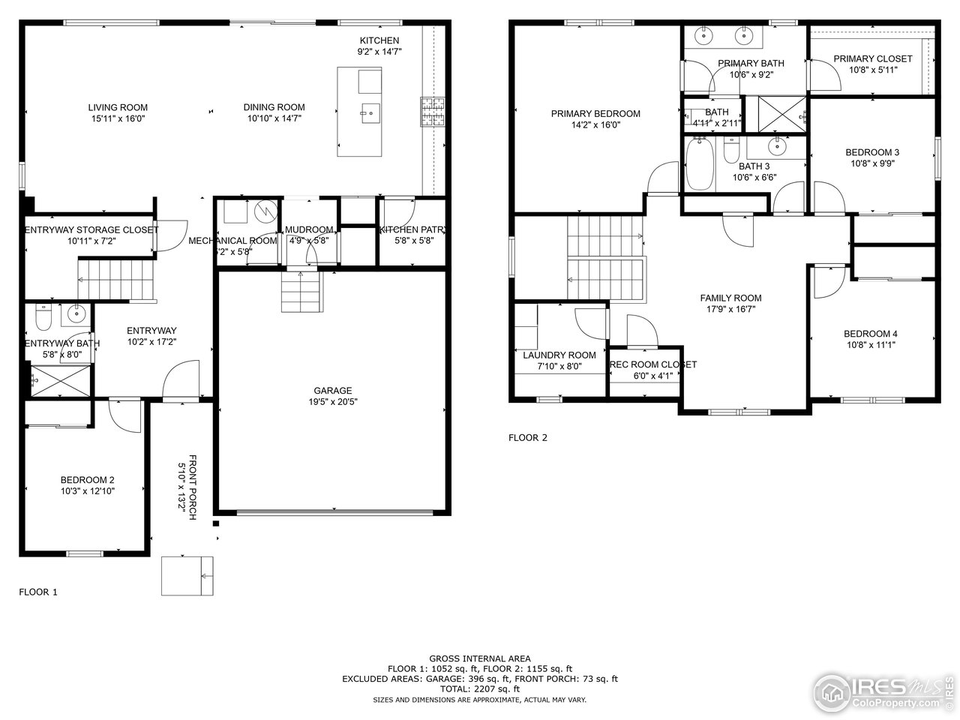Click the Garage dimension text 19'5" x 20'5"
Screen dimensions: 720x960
click(332, 401)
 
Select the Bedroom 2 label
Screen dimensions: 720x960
click(87, 480)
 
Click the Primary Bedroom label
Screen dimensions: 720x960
click(595, 114)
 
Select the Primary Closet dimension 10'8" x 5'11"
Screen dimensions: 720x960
click(872, 70)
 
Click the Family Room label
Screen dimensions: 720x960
click(730, 298)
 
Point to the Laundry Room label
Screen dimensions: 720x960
click(559, 355)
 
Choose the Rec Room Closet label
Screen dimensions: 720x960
click(652, 364)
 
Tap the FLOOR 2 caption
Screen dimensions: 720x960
click(528, 438)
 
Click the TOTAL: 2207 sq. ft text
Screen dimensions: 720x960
click(479, 688)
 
